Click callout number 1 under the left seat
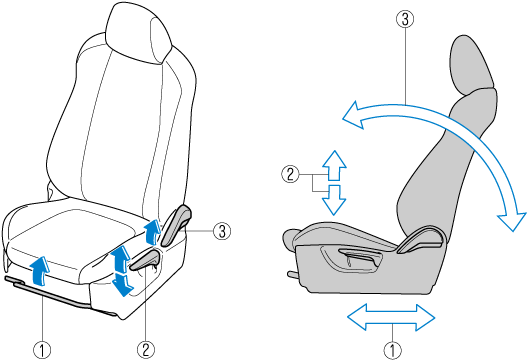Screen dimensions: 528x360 tap(42, 350)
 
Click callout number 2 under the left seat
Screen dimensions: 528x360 tap(146, 350)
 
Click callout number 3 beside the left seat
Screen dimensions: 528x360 tap(222, 231)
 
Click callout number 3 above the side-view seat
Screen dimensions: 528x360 tap(405, 19)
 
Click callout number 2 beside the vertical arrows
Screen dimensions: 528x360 tap(290, 174)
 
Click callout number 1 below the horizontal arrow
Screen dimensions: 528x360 tap(392, 350)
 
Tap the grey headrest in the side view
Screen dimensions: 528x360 tap(471, 64)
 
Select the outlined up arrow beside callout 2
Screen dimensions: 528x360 tap(334, 165)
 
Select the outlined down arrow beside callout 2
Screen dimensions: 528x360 tap(334, 200)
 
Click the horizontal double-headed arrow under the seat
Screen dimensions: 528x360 tap(391, 317)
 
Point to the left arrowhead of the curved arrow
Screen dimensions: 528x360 tap(354, 115)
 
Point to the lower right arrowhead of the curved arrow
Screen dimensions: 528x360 tap(512, 221)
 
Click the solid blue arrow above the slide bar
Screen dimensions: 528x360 tap(40, 268)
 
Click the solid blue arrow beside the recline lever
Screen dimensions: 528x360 tap(152, 232)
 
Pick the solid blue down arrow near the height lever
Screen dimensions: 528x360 tap(123, 285)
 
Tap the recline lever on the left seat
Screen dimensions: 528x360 tap(176, 224)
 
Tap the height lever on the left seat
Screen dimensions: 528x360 tap(145, 261)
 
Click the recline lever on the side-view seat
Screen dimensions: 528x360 tap(419, 240)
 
